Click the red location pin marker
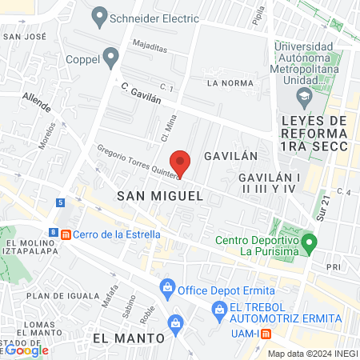coord(182,163)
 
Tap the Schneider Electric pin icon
coord(100,14)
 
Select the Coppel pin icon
coord(111,57)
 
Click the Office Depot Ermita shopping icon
coord(167,286)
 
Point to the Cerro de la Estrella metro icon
coord(66,234)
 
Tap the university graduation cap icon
coord(304,99)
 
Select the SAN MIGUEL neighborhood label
coord(156,195)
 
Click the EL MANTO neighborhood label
coord(128,338)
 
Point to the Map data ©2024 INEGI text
coord(310,354)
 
